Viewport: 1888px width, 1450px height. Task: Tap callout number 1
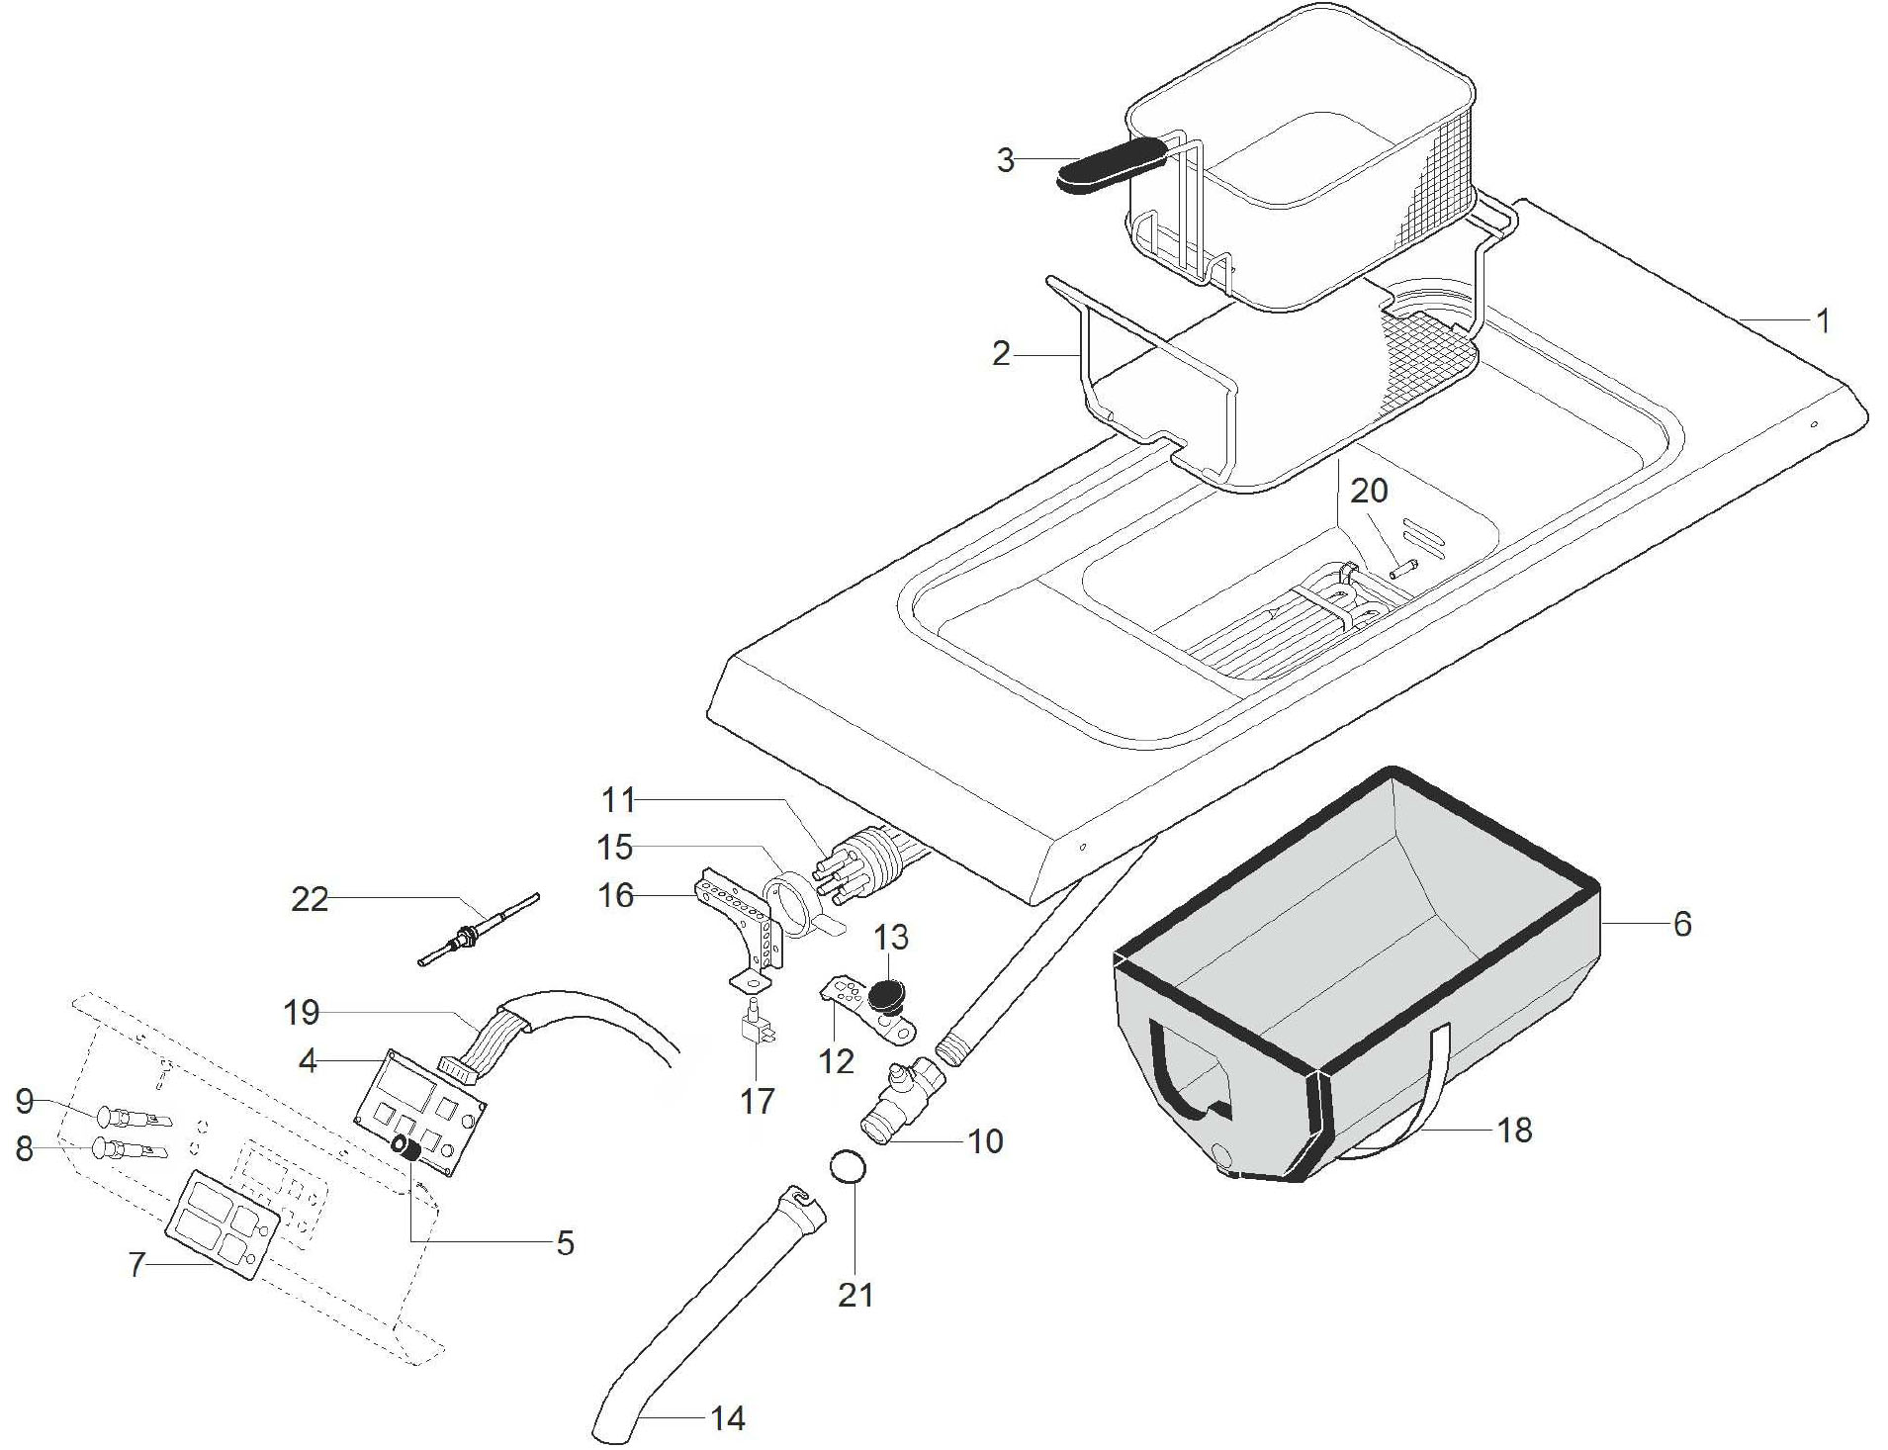coord(1822,321)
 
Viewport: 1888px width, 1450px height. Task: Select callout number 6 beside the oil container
coord(1682,924)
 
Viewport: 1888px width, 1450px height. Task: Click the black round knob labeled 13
coord(887,995)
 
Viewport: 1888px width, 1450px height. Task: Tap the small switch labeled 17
coord(756,1024)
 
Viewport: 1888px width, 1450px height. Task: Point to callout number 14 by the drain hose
coord(727,1418)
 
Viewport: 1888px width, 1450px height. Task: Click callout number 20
coord(1370,490)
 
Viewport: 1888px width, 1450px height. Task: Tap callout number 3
coord(1005,160)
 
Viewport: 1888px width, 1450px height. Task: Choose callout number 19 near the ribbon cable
coord(302,1013)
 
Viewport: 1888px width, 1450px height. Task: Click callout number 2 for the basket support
coord(1002,354)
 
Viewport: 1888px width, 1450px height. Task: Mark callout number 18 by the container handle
coord(1514,1130)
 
